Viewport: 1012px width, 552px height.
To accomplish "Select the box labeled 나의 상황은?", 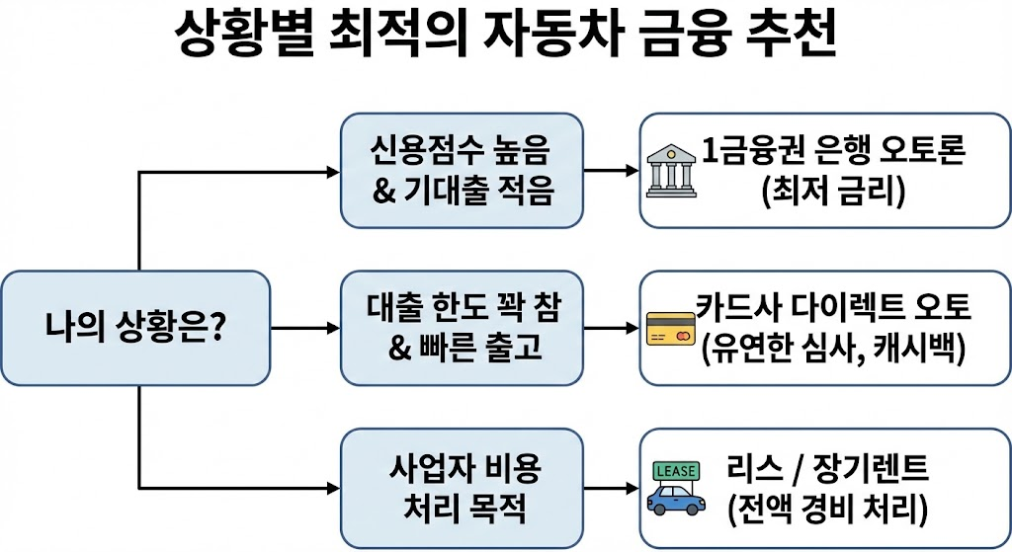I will point(135,328).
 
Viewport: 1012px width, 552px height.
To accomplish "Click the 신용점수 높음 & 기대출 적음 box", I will point(461,171).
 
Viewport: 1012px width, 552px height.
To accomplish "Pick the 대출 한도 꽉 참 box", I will point(461,328).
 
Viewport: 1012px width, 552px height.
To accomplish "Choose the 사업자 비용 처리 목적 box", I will point(461,488).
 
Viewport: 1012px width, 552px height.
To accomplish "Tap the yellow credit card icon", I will point(671,329).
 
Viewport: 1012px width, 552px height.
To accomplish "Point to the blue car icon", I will point(676,498).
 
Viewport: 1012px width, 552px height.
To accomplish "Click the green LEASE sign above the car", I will point(676,472).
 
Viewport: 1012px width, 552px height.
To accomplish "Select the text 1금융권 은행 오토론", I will point(833,153).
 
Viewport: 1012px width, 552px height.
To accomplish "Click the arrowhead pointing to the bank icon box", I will point(632,171).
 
